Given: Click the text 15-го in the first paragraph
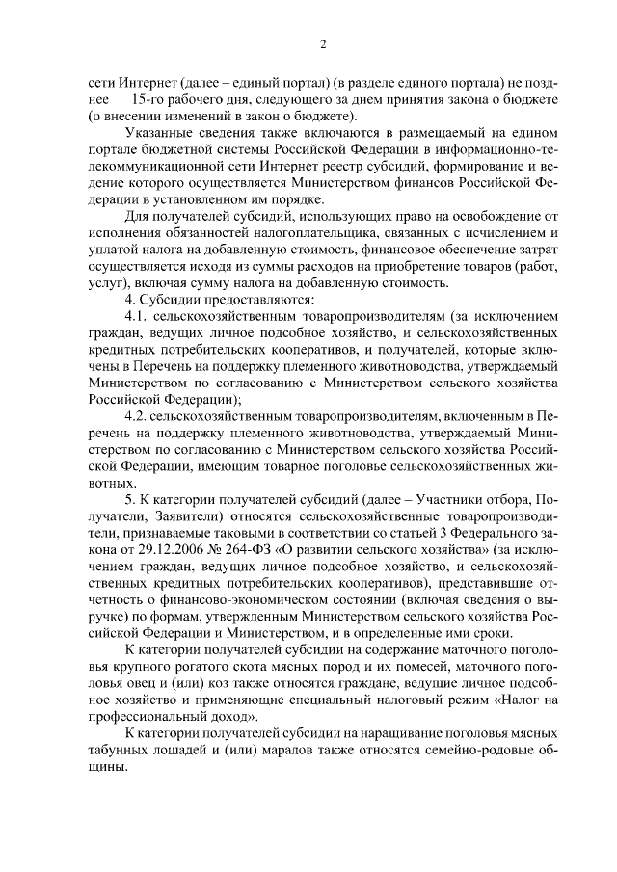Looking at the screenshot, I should [148, 100].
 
